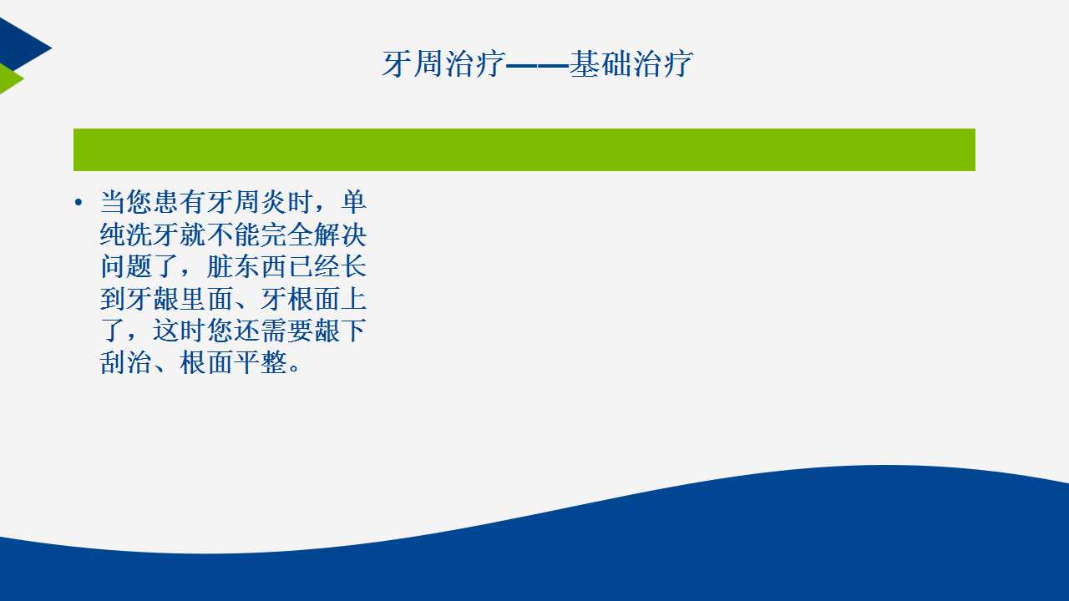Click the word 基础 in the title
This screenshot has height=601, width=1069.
coord(600,64)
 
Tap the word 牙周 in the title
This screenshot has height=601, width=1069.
coord(413,64)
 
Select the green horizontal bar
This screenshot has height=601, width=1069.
coord(524,149)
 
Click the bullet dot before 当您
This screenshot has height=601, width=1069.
coord(79,202)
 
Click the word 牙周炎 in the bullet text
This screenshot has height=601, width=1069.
coord(246,202)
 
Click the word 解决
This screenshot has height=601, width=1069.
coord(340,235)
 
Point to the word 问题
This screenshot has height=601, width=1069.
coord(126,266)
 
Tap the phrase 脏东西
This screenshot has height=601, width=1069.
coord(246,266)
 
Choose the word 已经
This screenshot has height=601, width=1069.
coord(313,266)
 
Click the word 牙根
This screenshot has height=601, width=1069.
coord(286,299)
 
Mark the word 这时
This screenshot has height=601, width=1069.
coord(180,331)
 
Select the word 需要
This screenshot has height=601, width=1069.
coord(286,331)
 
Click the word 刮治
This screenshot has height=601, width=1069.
coord(126,362)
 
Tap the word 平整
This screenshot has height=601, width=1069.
coord(260,362)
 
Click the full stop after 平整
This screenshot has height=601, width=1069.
coord(295,368)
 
